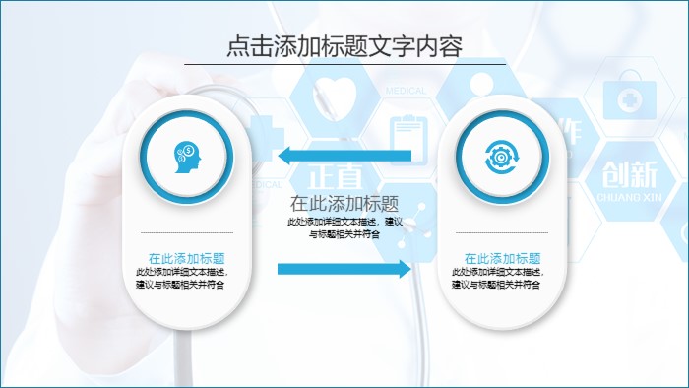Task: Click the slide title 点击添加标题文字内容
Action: click(x=344, y=46)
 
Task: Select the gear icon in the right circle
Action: click(x=501, y=154)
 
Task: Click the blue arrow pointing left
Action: click(x=344, y=155)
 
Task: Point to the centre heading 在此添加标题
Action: click(x=344, y=204)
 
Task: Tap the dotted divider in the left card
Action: click(x=186, y=233)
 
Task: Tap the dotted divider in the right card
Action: click(x=502, y=233)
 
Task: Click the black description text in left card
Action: click(x=186, y=278)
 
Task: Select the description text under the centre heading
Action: click(x=344, y=228)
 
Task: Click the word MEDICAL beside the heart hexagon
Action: click(x=406, y=91)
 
